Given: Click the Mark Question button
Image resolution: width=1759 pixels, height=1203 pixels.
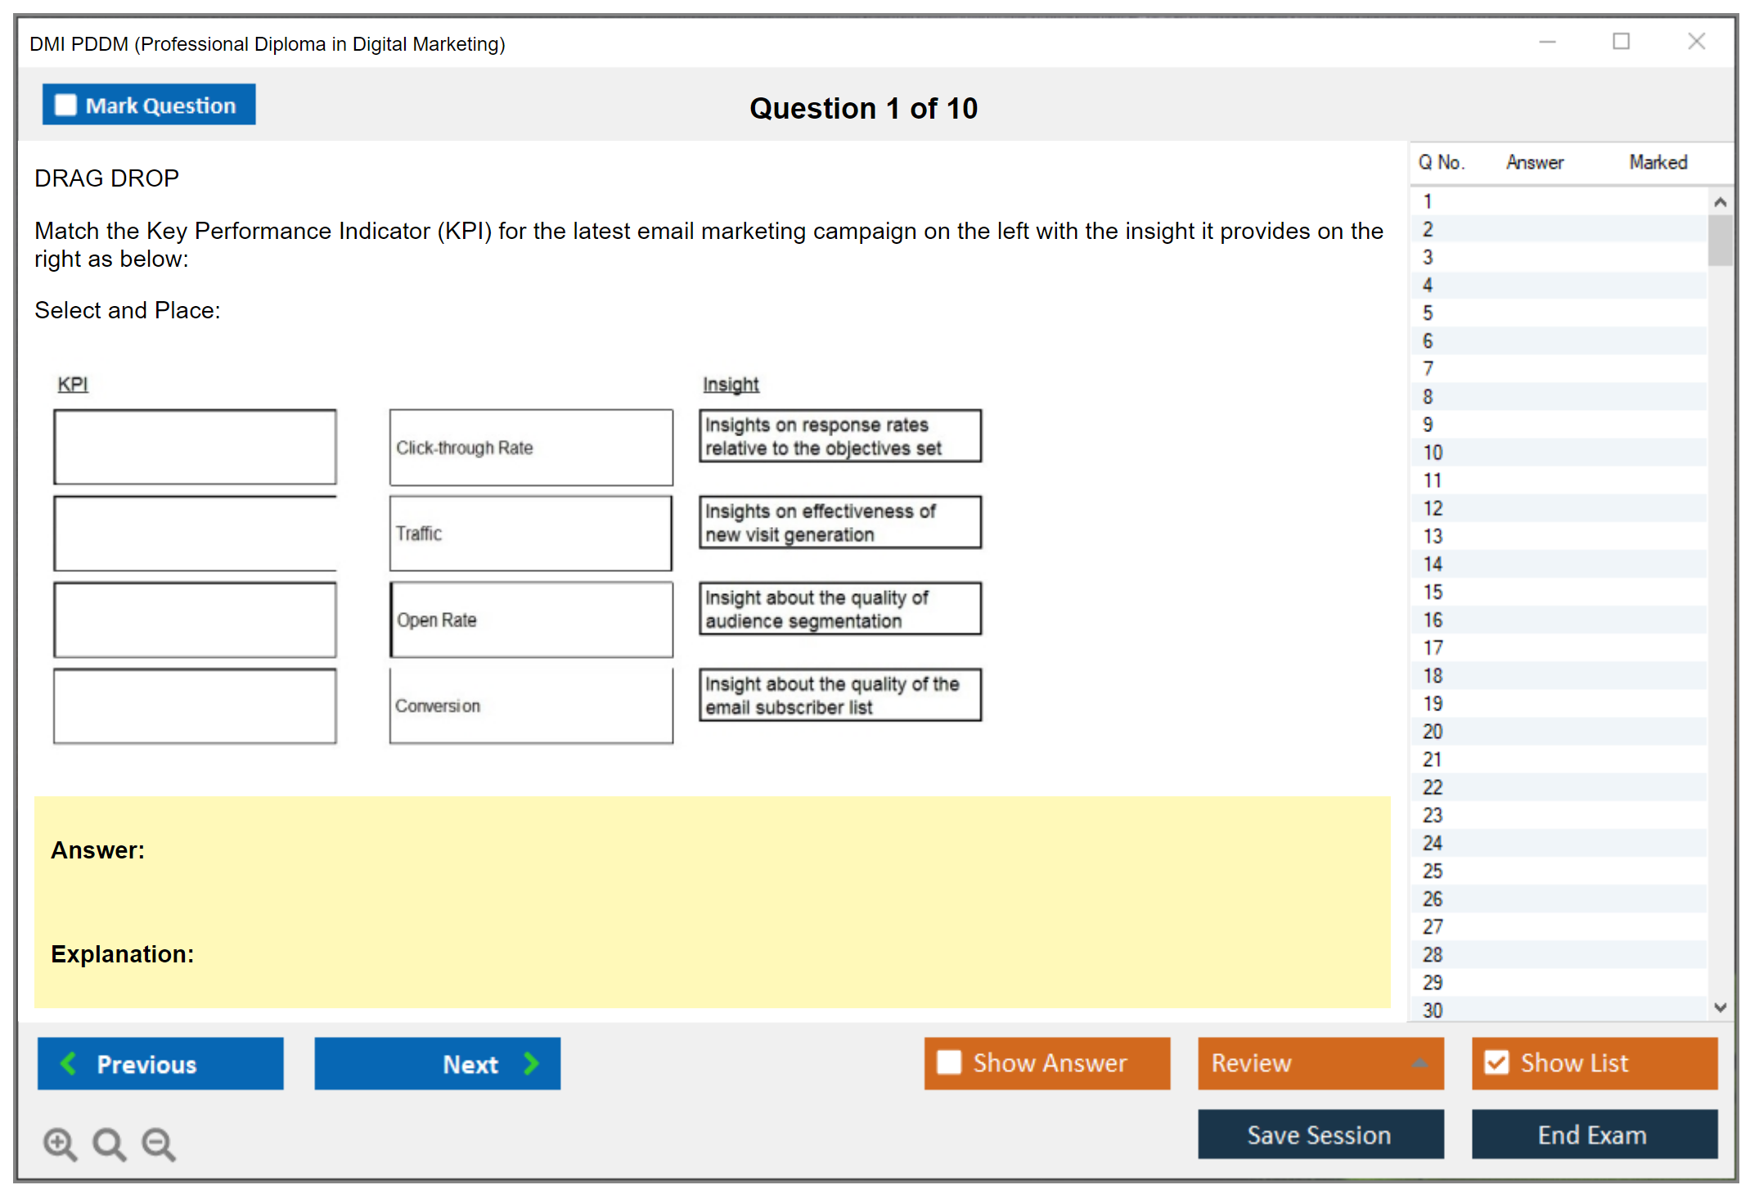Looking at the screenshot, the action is coord(149,105).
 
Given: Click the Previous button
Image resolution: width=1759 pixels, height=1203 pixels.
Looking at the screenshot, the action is coord(160,1063).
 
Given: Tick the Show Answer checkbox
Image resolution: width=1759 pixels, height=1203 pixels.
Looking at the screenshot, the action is coord(949,1062).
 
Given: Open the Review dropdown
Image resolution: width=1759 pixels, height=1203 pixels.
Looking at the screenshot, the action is coord(1320,1063).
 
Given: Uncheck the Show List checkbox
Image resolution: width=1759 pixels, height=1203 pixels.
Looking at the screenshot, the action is coord(1496,1062).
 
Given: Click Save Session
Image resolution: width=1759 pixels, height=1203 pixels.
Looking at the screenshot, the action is coord(1320,1134).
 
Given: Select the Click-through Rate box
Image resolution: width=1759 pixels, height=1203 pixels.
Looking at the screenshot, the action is coord(531,448).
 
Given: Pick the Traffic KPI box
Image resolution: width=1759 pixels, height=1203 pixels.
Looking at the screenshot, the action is coord(531,534).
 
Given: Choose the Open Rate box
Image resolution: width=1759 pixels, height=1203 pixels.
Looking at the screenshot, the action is coord(531,620).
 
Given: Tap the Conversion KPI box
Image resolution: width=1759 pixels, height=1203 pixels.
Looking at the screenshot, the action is coord(531,705).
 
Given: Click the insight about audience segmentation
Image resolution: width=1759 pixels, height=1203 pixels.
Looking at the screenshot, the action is coord(840,608).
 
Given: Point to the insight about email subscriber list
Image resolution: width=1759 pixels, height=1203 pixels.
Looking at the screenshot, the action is coord(840,695).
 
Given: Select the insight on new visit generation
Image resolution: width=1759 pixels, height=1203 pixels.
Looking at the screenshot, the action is coord(840,522).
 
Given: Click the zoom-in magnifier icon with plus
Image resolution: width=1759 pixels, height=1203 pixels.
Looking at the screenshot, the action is coord(60,1143).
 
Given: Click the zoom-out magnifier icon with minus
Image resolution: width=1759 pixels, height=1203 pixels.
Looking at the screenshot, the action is coord(159,1143).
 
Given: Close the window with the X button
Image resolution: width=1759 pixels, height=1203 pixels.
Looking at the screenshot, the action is coord(1696,41).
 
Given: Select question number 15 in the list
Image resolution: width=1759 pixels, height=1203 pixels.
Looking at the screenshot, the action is coord(1433,592).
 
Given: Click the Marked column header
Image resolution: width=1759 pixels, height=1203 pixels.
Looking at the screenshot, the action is coord(1658,162).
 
